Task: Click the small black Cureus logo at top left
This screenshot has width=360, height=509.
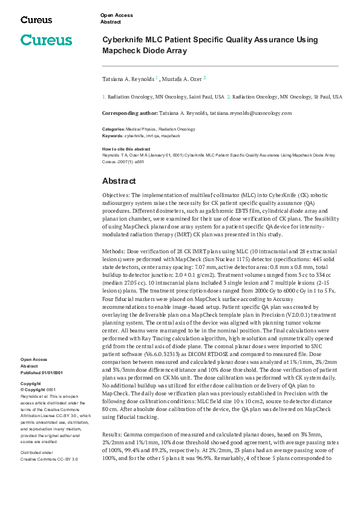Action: click(x=36, y=20)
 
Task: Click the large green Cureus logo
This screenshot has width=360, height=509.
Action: click(x=46, y=41)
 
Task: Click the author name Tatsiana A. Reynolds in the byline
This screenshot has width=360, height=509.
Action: click(x=128, y=79)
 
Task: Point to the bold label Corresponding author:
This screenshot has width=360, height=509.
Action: click(x=129, y=113)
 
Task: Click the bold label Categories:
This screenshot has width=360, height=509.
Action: click(x=113, y=129)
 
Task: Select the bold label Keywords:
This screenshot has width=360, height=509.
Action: click(x=113, y=136)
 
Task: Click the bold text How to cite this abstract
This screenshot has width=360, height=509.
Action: click(x=126, y=149)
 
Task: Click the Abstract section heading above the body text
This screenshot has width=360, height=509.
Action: click(x=119, y=181)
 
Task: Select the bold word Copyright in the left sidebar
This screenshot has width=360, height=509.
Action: click(x=31, y=384)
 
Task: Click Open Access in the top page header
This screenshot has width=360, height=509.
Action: click(x=117, y=15)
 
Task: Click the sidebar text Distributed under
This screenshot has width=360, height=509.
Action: click(x=36, y=452)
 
